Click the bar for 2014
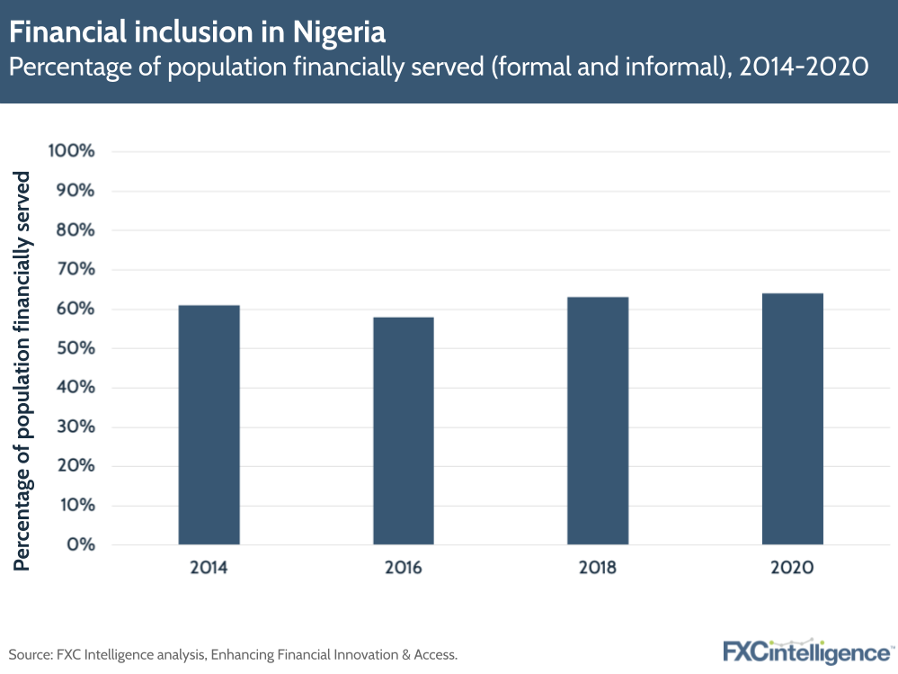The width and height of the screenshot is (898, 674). tap(209, 425)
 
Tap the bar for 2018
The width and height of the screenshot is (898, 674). tap(598, 420)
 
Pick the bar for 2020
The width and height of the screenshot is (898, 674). tap(792, 418)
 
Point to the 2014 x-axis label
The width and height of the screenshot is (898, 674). tap(209, 568)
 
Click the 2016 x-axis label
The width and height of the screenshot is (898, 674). tap(403, 568)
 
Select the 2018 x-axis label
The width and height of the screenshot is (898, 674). tap(598, 568)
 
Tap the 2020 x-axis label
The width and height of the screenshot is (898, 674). tap(792, 568)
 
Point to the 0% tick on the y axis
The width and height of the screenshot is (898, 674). tap(80, 544)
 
